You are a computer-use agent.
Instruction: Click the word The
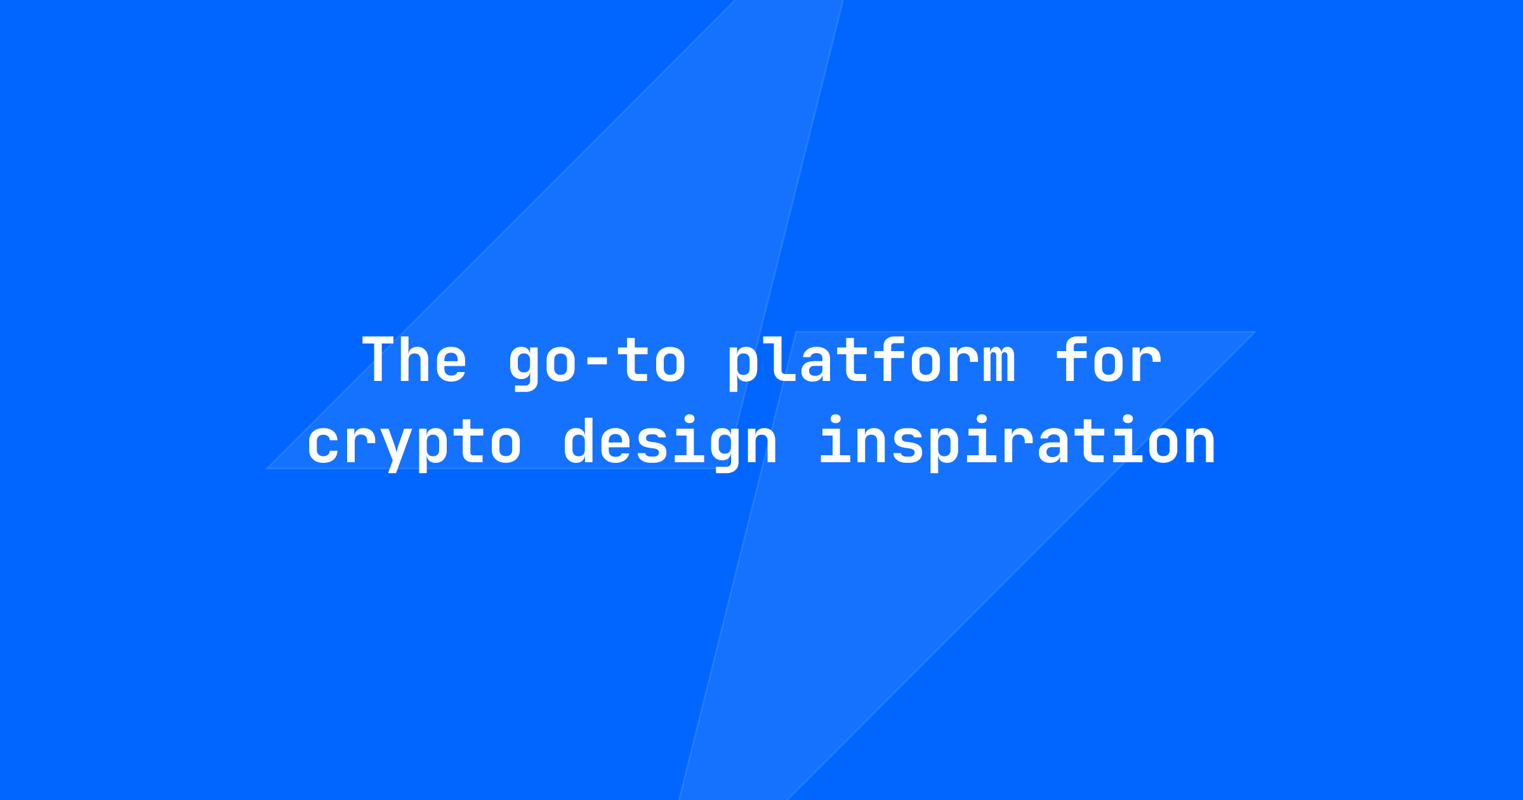[414, 359]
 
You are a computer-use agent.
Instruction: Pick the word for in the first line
[1109, 359]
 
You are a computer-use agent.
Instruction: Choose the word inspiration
[1018, 443]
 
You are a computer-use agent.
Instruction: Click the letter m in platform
[999, 366]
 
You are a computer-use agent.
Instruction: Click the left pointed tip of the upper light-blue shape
[267, 469]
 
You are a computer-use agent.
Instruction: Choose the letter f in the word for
[1072, 360]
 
